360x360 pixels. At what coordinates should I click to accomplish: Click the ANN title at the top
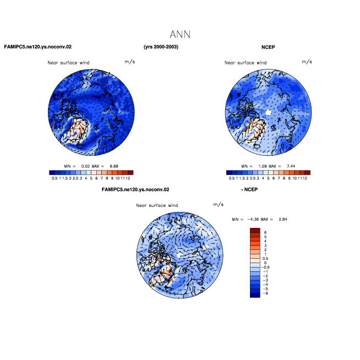[180, 35]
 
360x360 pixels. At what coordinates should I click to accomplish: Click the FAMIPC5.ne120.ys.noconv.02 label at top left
[38, 47]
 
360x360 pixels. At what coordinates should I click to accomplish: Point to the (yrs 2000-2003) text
[161, 47]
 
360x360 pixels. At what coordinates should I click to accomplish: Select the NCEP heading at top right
[268, 47]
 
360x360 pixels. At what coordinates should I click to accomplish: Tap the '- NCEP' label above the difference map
[249, 189]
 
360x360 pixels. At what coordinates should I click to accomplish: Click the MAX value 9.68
[114, 166]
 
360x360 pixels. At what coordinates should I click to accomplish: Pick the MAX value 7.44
[291, 166]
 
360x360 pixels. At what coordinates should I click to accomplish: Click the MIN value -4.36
[253, 219]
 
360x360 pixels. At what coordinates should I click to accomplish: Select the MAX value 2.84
[283, 219]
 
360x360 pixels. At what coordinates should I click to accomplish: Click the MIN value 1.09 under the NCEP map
[263, 166]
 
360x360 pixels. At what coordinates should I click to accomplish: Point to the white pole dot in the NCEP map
[268, 112]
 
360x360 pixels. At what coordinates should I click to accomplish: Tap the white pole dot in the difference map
[180, 255]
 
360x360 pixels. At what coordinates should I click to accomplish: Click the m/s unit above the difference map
[219, 204]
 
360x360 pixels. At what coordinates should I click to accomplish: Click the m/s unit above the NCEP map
[307, 62]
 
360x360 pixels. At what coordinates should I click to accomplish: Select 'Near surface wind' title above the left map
[68, 63]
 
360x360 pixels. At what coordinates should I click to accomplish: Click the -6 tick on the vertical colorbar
[265, 293]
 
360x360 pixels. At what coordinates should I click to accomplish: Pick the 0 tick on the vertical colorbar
[265, 263]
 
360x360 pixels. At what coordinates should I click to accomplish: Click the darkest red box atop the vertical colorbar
[255, 230]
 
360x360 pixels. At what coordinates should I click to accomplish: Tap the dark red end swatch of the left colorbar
[130, 173]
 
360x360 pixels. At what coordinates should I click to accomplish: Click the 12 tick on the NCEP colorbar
[305, 178]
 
